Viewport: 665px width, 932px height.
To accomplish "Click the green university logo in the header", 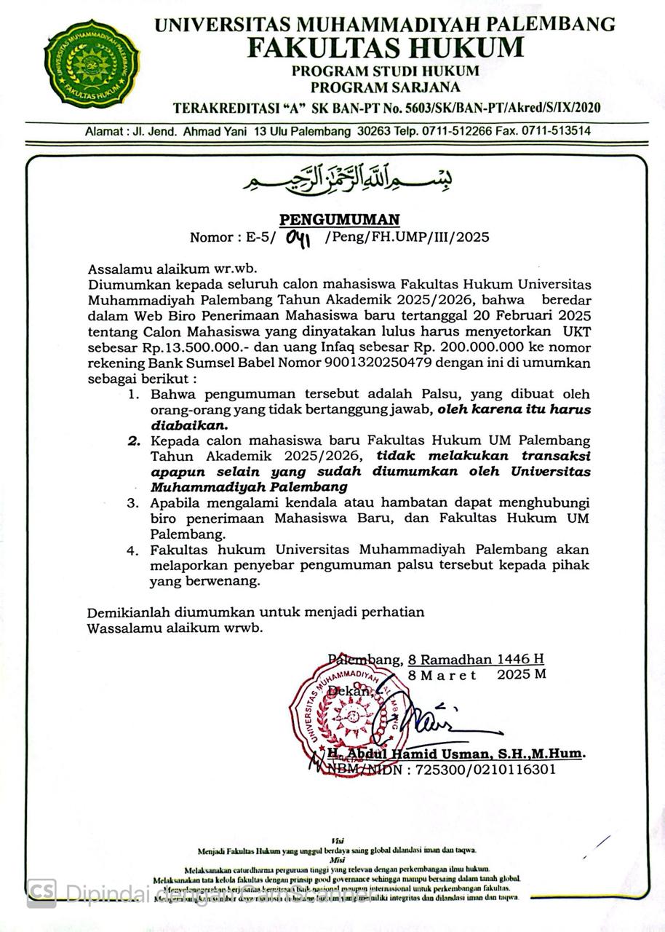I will coord(92,61).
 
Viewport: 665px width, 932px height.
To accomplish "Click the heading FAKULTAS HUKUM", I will coord(385,47).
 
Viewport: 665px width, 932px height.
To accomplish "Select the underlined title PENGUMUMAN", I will coord(340,219).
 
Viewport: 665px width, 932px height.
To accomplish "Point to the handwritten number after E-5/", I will coord(299,237).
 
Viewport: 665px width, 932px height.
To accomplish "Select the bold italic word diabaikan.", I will coord(188,424).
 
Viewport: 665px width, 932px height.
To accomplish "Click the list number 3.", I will coord(132,503).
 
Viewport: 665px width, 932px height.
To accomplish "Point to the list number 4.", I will coord(132,550).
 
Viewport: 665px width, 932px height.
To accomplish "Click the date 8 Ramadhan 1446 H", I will coord(476,659).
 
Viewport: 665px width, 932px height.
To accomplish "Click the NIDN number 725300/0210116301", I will coord(485,770).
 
